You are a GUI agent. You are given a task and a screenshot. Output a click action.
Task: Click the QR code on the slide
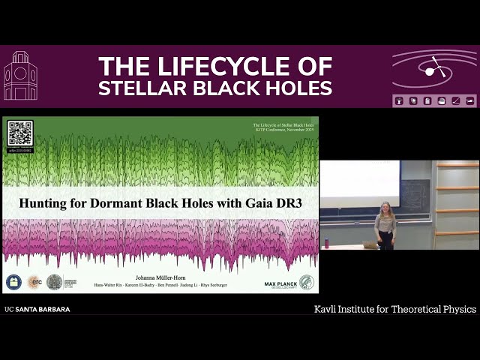coord(20,133)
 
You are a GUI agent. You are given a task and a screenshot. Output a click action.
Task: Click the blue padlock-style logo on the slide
coord(14,282)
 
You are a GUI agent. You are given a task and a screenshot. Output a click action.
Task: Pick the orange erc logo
coord(34,282)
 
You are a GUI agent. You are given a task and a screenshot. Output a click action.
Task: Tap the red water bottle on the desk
coord(326,243)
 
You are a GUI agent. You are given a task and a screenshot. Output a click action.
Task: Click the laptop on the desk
coord(370,244)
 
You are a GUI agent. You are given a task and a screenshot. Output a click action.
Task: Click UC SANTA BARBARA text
coord(37,309)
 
